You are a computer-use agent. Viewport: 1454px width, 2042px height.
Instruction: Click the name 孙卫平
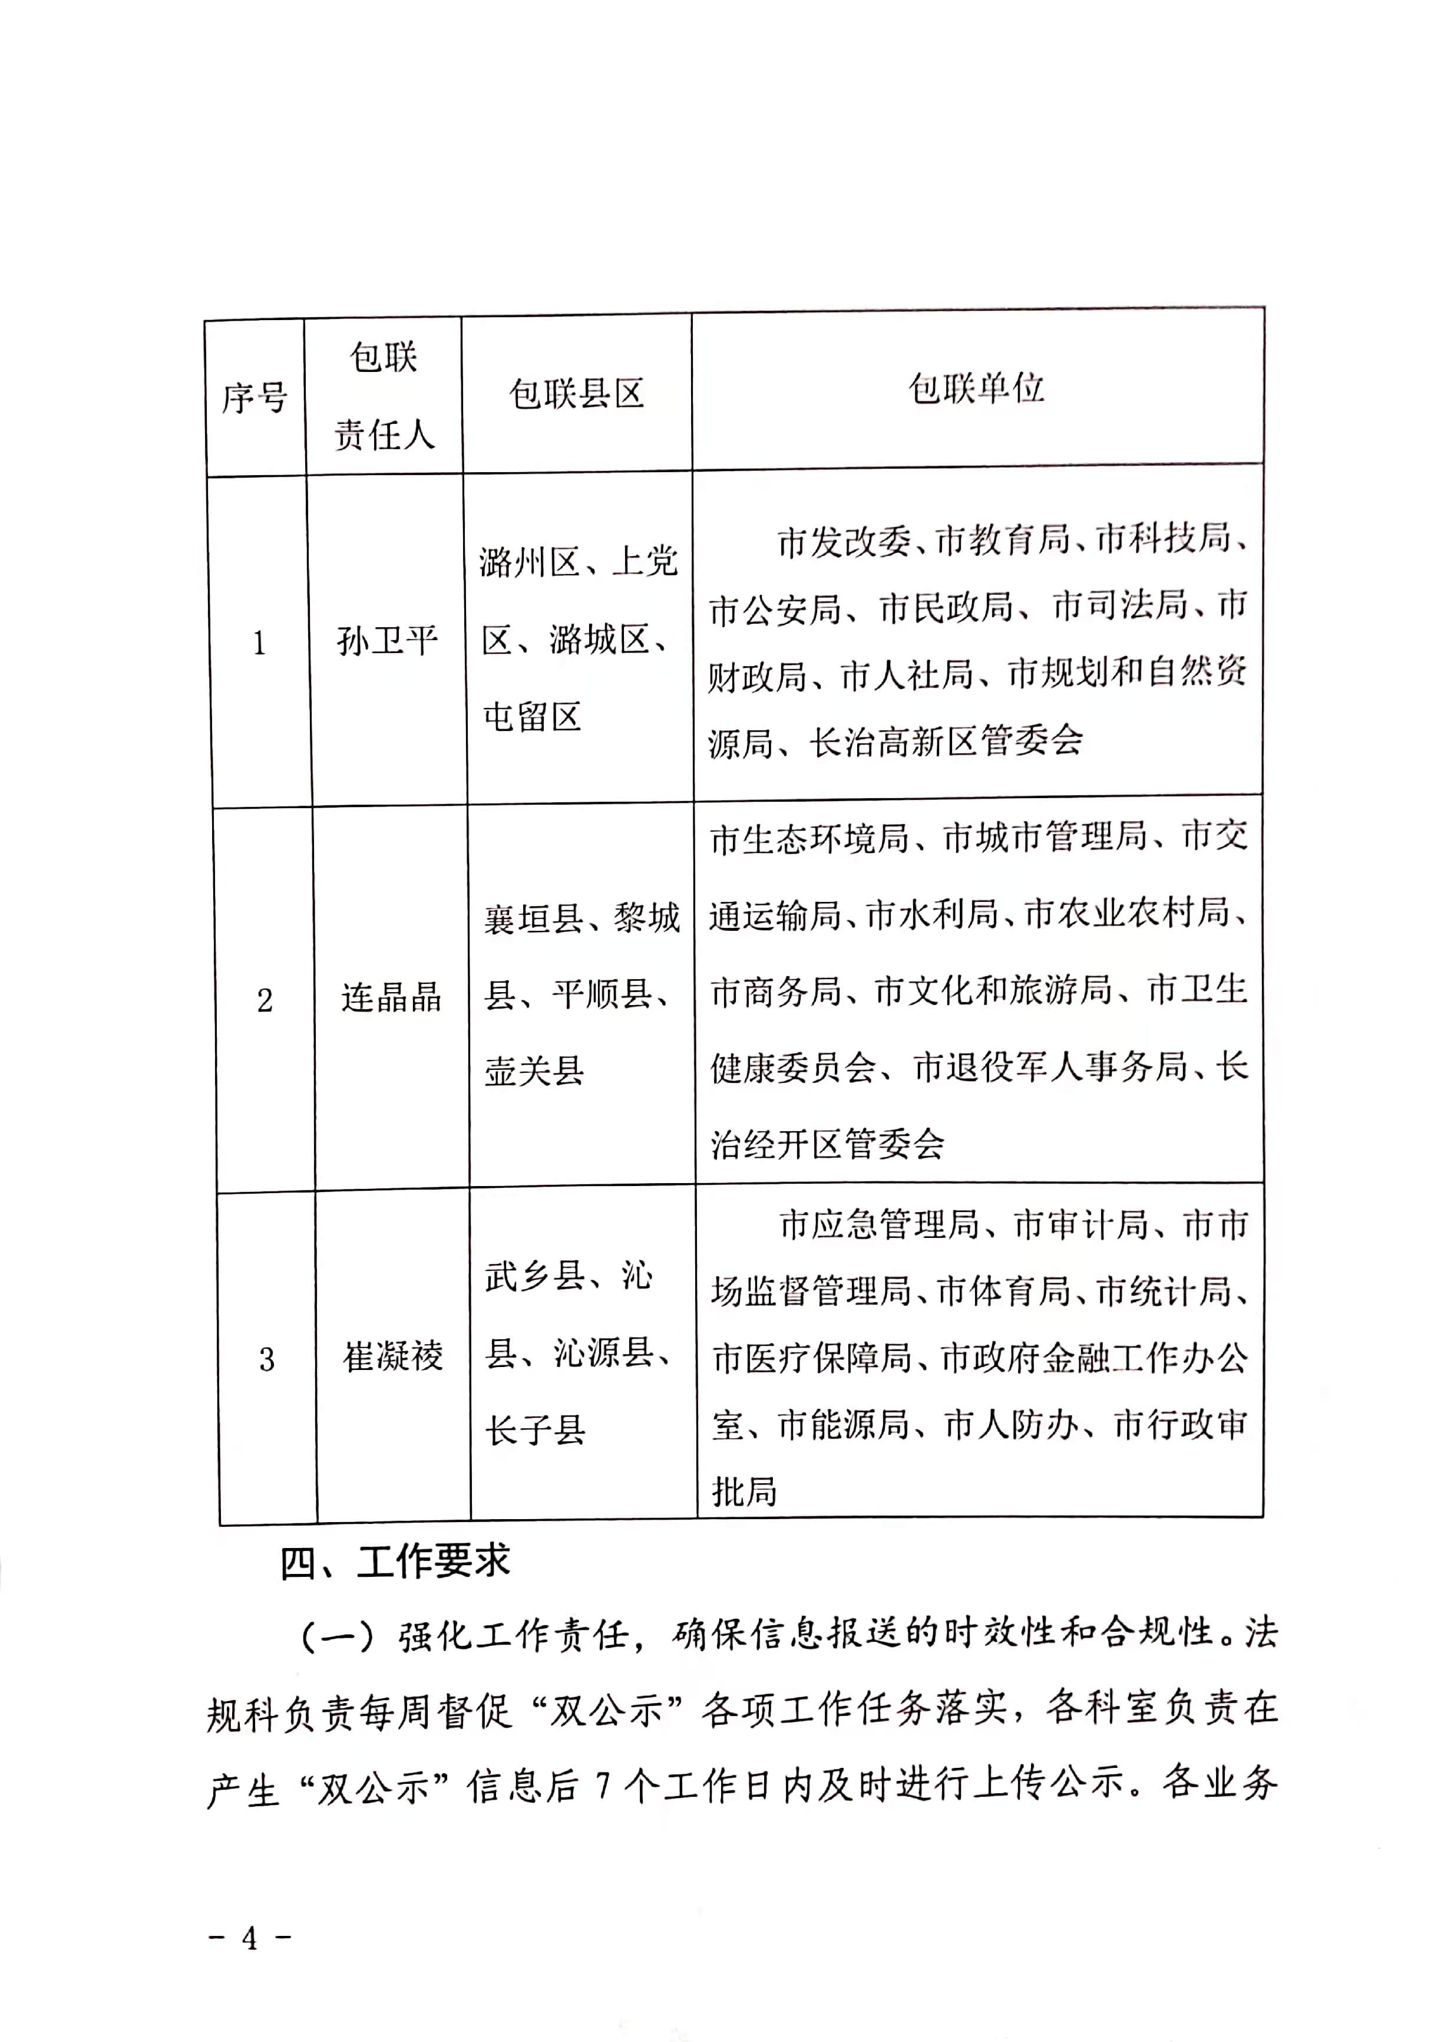point(387,641)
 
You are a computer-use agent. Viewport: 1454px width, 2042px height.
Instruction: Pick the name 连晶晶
point(391,997)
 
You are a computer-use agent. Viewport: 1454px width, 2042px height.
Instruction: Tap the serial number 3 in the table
point(267,1359)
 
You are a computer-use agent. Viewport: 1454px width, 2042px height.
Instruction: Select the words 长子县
point(536,1430)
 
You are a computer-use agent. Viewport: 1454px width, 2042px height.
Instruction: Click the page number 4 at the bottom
point(250,1938)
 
